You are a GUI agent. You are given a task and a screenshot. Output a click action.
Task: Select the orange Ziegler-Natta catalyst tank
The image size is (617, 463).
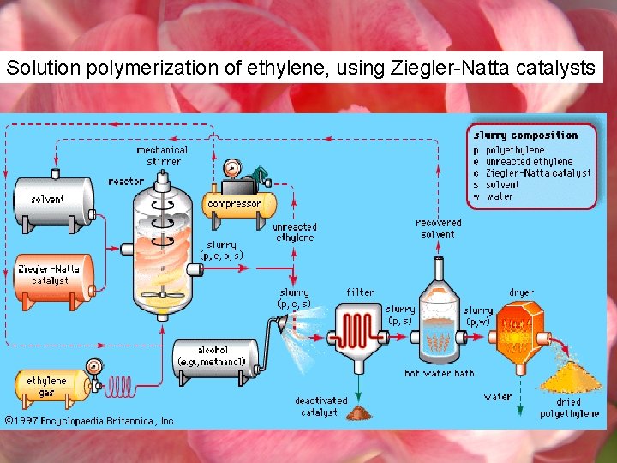pos(51,274)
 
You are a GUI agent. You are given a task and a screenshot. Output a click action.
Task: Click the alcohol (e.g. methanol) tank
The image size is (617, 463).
pos(215,357)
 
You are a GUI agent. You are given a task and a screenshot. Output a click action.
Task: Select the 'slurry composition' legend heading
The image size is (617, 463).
pos(525,135)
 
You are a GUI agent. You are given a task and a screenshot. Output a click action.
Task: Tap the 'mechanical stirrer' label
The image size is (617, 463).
pos(163,155)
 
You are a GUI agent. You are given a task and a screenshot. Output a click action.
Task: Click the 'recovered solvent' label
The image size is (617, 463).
pos(439,228)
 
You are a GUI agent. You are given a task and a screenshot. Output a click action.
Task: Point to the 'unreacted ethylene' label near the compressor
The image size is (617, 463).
pos(294,232)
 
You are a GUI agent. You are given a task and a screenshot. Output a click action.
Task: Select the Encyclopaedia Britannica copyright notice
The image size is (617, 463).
pos(90,421)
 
